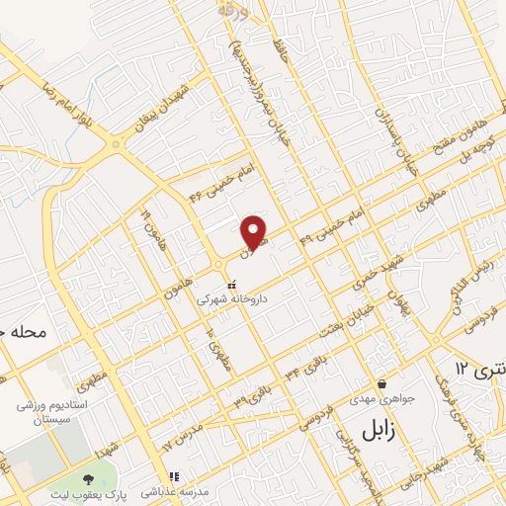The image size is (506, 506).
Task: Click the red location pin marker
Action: (255, 231)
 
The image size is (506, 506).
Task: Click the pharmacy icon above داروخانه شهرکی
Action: (232, 286)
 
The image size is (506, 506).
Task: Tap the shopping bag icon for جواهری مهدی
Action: (381, 384)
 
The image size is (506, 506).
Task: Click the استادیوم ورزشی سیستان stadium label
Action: (50, 412)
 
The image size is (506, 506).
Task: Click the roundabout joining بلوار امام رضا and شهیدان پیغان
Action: (118, 145)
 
